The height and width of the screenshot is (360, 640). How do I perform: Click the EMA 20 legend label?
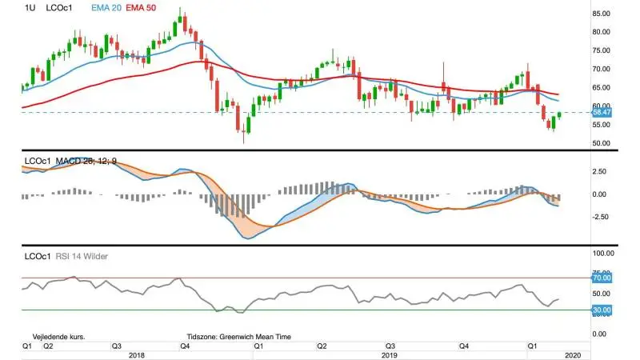(x=106, y=8)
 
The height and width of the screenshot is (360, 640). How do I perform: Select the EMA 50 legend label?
(x=141, y=8)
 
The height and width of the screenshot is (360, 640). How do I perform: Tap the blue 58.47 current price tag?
(x=602, y=112)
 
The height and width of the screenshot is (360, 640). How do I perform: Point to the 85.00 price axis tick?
(x=602, y=14)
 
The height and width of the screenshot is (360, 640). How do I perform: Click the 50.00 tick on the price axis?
(x=602, y=143)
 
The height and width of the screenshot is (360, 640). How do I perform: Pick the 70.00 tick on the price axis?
(x=602, y=69)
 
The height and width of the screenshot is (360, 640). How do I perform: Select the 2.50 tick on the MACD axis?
(x=599, y=171)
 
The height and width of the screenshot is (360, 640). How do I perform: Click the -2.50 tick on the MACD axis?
(x=601, y=217)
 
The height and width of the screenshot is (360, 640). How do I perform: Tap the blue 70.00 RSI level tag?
(x=602, y=278)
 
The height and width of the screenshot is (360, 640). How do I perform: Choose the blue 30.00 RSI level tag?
(x=602, y=310)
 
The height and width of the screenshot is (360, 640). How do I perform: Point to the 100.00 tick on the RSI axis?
(x=603, y=254)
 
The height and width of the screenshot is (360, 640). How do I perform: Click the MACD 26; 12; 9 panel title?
(x=86, y=162)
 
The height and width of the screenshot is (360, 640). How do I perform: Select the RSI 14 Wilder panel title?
(x=82, y=256)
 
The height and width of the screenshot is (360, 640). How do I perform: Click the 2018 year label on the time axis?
(x=137, y=355)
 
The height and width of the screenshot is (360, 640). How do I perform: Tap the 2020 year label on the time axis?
(x=573, y=355)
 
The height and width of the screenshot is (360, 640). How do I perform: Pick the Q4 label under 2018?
(x=185, y=346)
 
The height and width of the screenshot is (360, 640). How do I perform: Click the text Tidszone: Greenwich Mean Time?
(x=238, y=337)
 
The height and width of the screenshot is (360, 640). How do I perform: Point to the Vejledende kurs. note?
(x=58, y=337)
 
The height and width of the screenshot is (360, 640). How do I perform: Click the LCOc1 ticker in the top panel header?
(x=59, y=8)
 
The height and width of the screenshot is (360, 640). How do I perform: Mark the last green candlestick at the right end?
(x=559, y=115)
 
